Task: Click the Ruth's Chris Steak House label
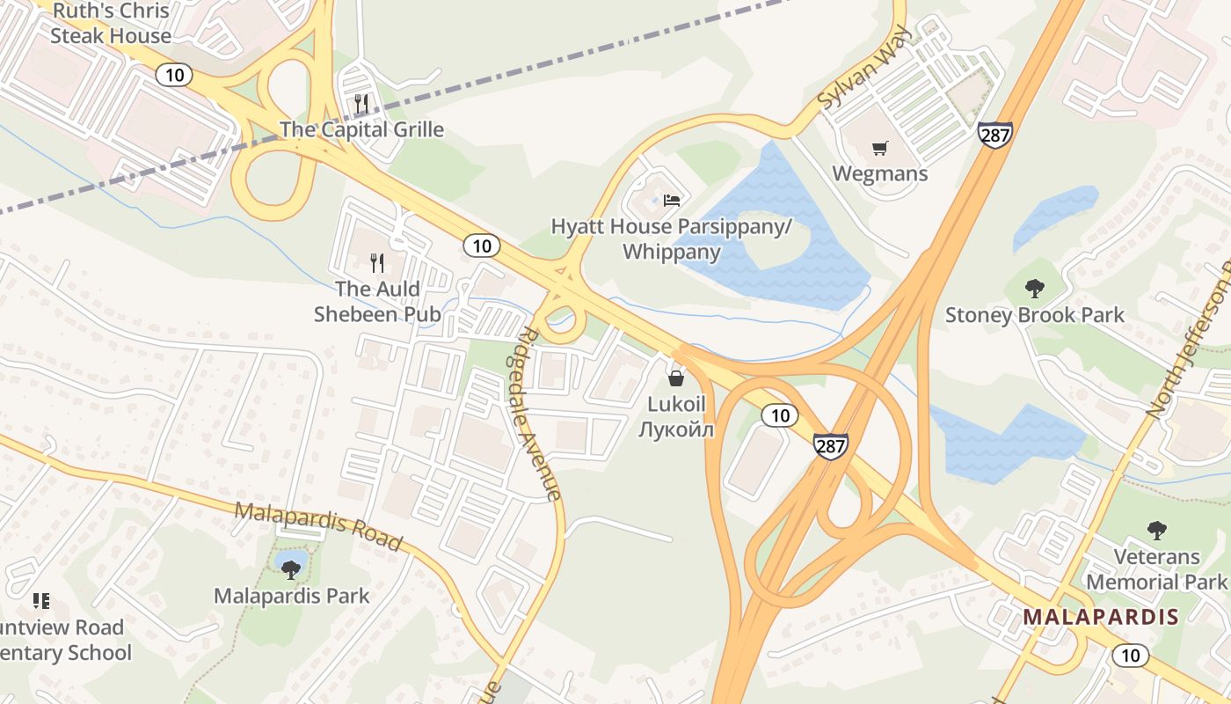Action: point(111,24)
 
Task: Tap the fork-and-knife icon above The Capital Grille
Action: point(361,104)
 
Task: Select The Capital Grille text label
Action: point(361,130)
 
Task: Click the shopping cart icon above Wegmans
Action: point(879,148)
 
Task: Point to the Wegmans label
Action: point(879,173)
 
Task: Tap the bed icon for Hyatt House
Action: point(672,201)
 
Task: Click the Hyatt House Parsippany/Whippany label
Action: point(672,239)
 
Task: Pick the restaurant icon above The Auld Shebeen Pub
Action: point(378,262)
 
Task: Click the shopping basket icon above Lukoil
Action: point(676,378)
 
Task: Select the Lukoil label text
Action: point(676,416)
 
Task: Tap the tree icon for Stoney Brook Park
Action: point(1035,288)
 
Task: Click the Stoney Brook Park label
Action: point(1035,315)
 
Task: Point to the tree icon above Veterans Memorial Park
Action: point(1157,530)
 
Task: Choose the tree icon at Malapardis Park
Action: point(291,569)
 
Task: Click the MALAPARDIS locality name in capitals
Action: point(1101,617)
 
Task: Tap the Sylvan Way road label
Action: point(853,79)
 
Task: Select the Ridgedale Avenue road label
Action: point(540,414)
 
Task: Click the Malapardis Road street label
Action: point(318,525)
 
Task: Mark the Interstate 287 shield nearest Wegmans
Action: point(994,135)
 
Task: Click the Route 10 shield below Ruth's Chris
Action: point(174,75)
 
